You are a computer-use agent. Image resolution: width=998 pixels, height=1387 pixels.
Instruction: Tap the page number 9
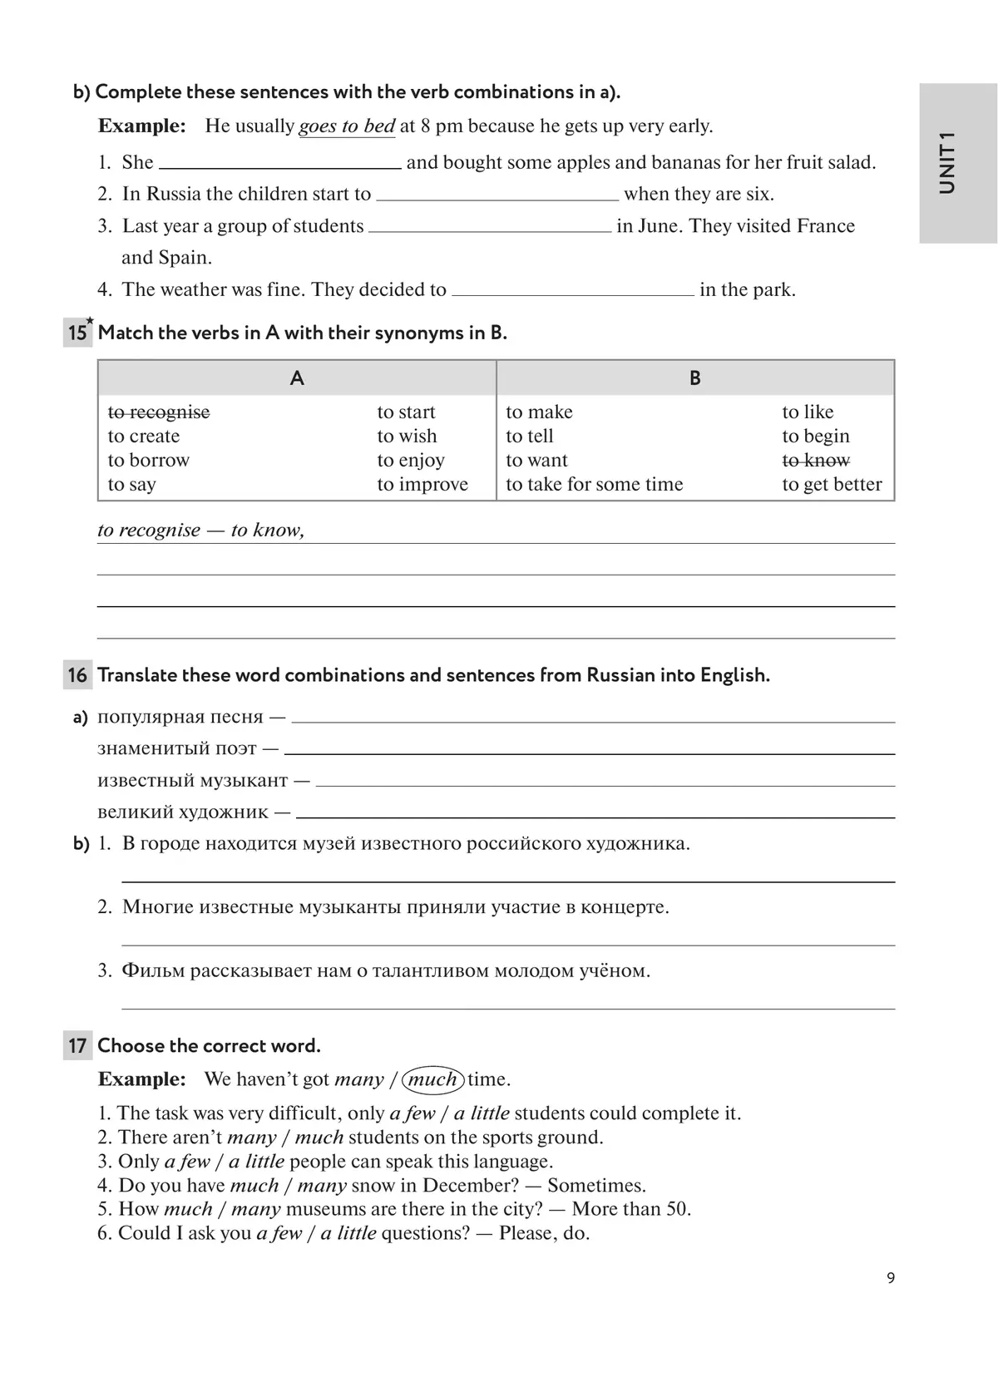click(891, 1278)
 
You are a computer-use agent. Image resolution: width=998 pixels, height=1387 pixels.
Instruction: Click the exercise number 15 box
click(77, 333)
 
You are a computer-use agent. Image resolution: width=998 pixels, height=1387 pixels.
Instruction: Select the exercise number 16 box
click(77, 675)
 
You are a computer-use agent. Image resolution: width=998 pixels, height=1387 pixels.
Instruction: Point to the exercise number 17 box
click(77, 1046)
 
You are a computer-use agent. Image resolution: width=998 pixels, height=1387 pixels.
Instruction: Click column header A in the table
click(297, 378)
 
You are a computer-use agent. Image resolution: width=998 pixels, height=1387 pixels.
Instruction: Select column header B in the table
click(695, 378)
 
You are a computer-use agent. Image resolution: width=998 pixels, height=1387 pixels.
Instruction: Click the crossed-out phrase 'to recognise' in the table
click(159, 412)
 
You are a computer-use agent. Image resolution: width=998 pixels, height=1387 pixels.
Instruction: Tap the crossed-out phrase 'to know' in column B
click(816, 461)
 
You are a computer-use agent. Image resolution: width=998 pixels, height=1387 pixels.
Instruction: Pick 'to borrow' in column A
click(149, 461)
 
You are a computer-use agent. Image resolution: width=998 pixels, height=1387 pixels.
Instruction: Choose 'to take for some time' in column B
click(594, 485)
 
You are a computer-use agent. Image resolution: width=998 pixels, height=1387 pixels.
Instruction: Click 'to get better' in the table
click(832, 485)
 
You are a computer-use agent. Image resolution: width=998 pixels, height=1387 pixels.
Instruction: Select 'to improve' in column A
click(422, 485)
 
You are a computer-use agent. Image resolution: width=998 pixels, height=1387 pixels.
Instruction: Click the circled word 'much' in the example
click(432, 1079)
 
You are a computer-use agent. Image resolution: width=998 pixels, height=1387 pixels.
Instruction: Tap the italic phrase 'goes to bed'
click(347, 126)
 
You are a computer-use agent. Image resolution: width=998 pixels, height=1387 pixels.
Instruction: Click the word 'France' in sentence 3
click(825, 226)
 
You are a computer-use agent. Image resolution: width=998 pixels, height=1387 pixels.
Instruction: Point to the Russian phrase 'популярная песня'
click(180, 717)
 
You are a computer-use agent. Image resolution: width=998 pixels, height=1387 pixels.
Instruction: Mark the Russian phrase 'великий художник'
click(183, 812)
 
